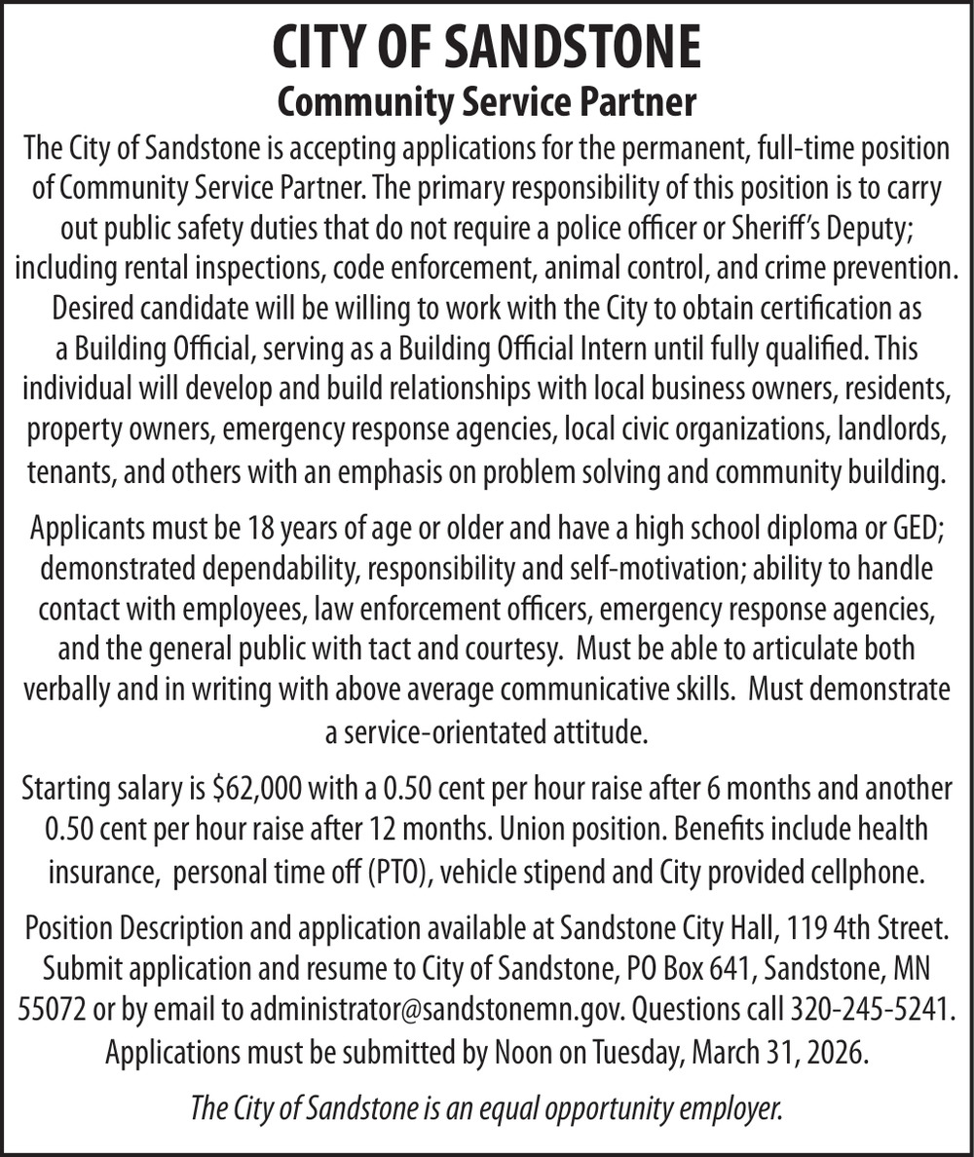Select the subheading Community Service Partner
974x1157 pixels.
tap(487, 102)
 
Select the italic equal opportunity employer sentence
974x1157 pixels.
tap(487, 1108)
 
